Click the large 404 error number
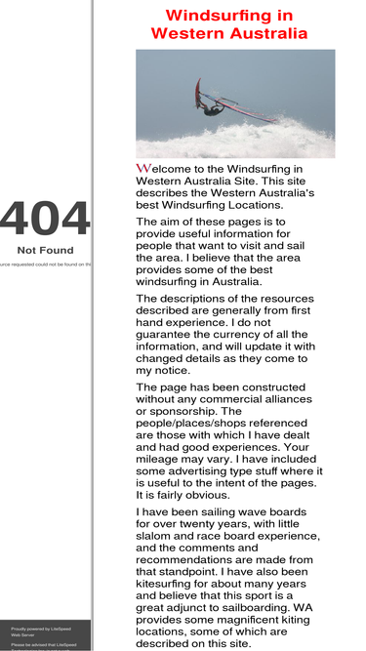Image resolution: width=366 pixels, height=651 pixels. click(x=45, y=221)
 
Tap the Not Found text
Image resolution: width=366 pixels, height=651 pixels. click(x=45, y=251)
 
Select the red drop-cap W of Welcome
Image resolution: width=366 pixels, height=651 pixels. click(x=142, y=169)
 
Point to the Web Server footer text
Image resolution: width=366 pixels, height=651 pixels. click(x=22, y=635)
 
